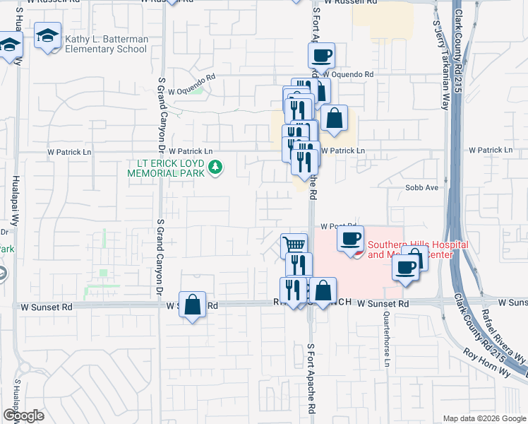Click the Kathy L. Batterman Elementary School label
(x=106, y=44)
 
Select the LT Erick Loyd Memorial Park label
(x=165, y=167)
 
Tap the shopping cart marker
(x=294, y=247)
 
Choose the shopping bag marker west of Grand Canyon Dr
(x=192, y=305)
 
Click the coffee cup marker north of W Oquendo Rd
(x=321, y=55)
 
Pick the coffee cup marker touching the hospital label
(x=350, y=238)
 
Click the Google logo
(x=23, y=415)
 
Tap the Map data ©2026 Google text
(x=484, y=418)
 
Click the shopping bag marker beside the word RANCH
(x=323, y=290)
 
